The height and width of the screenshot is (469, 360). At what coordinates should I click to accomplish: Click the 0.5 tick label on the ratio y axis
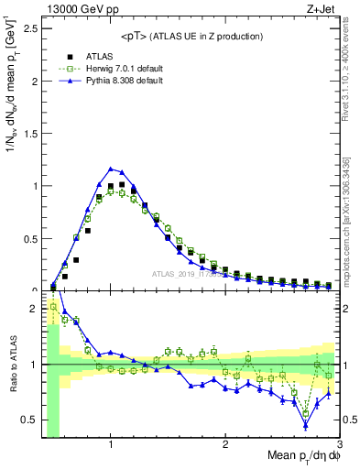coord(29,420)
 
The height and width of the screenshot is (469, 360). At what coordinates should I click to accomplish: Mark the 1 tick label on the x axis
coord(111,444)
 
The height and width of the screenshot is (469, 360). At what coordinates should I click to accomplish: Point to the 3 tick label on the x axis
coord(339,444)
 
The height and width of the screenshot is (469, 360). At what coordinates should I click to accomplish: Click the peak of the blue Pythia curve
coord(111,169)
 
